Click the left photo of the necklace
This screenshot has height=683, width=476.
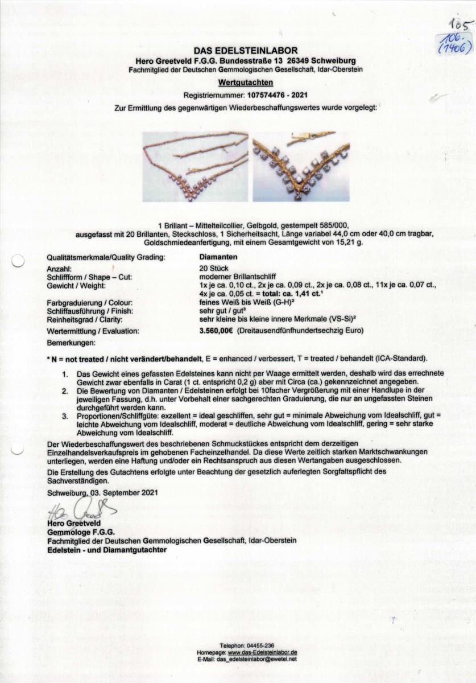pyautogui.click(x=195, y=166)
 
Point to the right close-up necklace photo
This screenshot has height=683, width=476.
pyautogui.click(x=301, y=166)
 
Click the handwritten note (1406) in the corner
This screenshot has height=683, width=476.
pyautogui.click(x=454, y=48)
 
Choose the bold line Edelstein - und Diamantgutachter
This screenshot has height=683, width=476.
pyautogui.click(x=107, y=550)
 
